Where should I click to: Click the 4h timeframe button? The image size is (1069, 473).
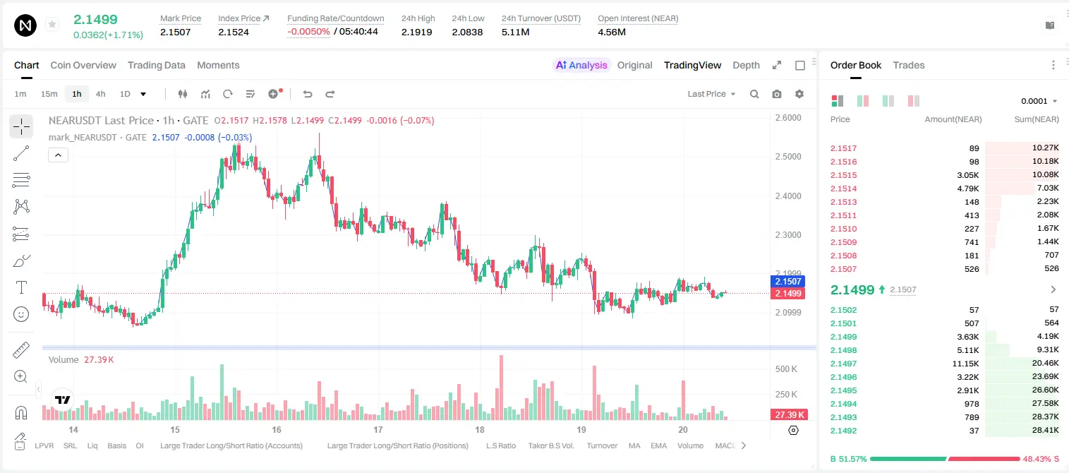pos(100,94)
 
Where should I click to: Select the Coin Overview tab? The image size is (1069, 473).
pos(83,65)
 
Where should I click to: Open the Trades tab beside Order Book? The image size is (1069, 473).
pos(908,65)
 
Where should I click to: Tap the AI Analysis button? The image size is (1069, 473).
pos(581,65)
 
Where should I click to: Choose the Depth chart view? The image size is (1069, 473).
pos(746,65)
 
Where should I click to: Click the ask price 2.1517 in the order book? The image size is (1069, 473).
pos(843,148)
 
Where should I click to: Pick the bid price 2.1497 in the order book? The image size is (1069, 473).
pos(843,364)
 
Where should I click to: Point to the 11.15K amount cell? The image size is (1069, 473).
pos(965,364)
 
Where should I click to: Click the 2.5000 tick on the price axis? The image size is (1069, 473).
pos(788,157)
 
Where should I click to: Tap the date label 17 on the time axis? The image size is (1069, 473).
pos(378,429)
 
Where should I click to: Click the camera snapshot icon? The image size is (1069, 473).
pos(777,94)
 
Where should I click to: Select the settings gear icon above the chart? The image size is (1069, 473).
pos(799,94)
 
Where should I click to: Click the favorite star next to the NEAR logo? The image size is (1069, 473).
pos(52,24)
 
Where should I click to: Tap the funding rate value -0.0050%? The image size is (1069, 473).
pos(308,32)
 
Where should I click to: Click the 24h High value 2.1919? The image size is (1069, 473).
pos(416,32)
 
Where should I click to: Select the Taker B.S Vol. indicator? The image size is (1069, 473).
pos(550,445)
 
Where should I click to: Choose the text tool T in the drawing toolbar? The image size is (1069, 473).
pos(21,287)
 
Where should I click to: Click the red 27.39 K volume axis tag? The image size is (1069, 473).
pos(788,415)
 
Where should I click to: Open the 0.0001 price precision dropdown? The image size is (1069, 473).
pos(1039,101)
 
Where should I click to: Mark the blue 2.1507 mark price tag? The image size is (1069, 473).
pos(788,281)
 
